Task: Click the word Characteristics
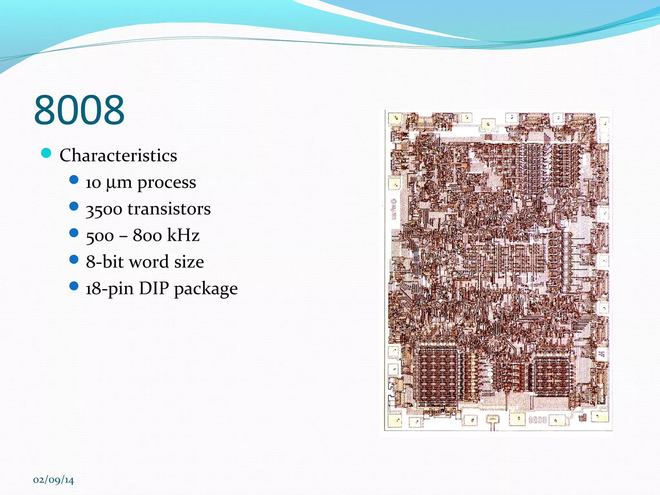(x=118, y=156)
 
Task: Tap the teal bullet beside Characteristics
(x=46, y=153)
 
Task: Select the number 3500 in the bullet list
(x=104, y=209)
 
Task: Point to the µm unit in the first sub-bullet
(x=119, y=183)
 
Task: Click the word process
(x=167, y=183)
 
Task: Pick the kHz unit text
(x=183, y=235)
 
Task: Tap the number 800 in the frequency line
(x=147, y=235)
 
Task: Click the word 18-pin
(x=110, y=288)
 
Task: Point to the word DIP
(x=154, y=288)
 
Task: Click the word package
(x=206, y=289)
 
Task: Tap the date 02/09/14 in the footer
(x=53, y=480)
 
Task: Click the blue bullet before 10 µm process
(x=74, y=180)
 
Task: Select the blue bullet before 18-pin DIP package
(x=74, y=286)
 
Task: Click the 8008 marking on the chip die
(x=538, y=420)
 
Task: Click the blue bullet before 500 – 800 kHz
(x=74, y=233)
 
